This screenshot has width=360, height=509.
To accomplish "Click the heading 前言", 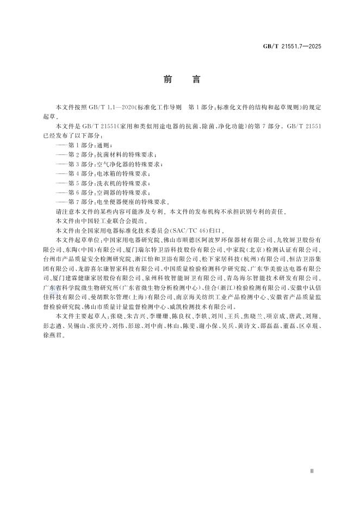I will [179, 79].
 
